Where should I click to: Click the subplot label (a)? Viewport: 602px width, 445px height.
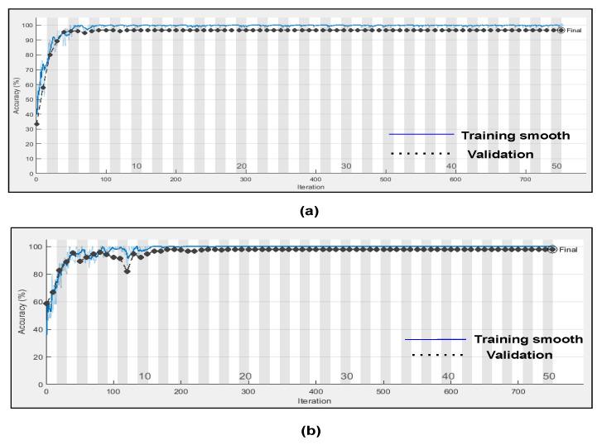308,210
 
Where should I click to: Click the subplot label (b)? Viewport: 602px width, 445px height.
308,430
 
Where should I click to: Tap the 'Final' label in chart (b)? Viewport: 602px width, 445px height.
568,249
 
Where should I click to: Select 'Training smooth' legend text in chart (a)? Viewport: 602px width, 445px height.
515,136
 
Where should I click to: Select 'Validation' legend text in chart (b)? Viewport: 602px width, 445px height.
519,355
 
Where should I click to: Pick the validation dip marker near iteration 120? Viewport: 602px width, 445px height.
127,271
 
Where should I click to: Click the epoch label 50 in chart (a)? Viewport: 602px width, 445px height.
556,166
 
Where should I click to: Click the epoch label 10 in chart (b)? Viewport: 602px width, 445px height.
144,376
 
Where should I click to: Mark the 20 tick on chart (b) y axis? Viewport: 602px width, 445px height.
37,357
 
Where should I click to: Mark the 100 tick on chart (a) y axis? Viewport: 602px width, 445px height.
28,25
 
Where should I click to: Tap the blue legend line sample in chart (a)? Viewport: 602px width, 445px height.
421,134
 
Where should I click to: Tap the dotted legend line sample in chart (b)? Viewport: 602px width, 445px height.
437,356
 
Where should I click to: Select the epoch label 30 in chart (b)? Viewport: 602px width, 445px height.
347,376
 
